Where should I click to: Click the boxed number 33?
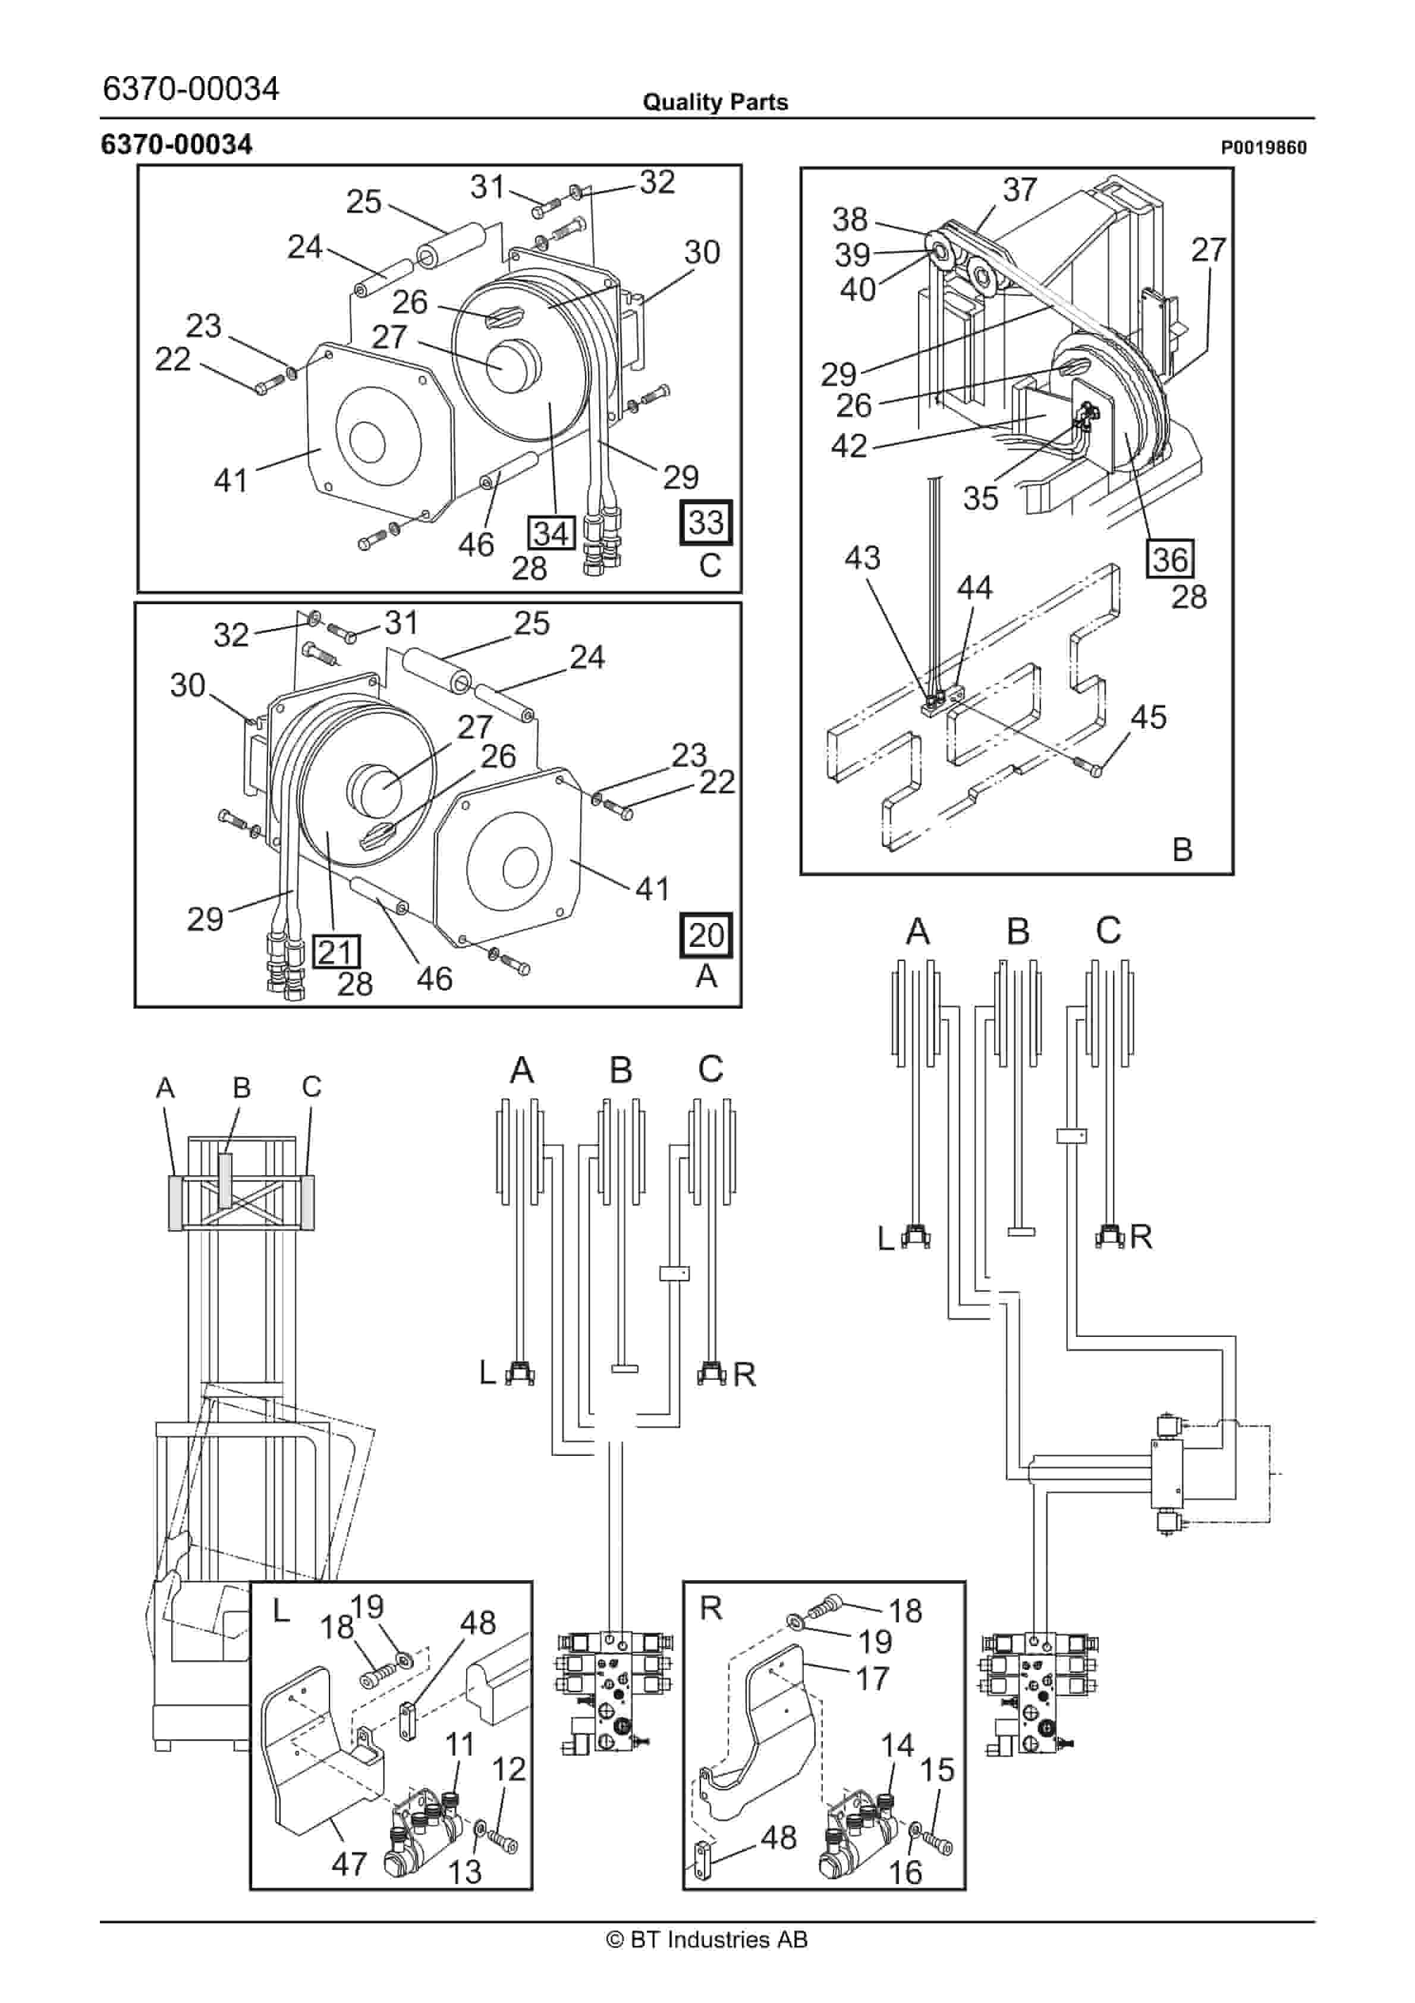pos(706,523)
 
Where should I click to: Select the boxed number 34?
pos(551,533)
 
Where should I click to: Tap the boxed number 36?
pos(1170,559)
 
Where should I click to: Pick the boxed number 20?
pos(706,935)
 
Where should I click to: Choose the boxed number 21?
pos(336,951)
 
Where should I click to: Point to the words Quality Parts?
pos(715,102)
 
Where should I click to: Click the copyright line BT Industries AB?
pos(707,1939)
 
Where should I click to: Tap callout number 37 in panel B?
pos(1020,189)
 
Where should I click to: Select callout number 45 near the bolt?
pos(1148,717)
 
